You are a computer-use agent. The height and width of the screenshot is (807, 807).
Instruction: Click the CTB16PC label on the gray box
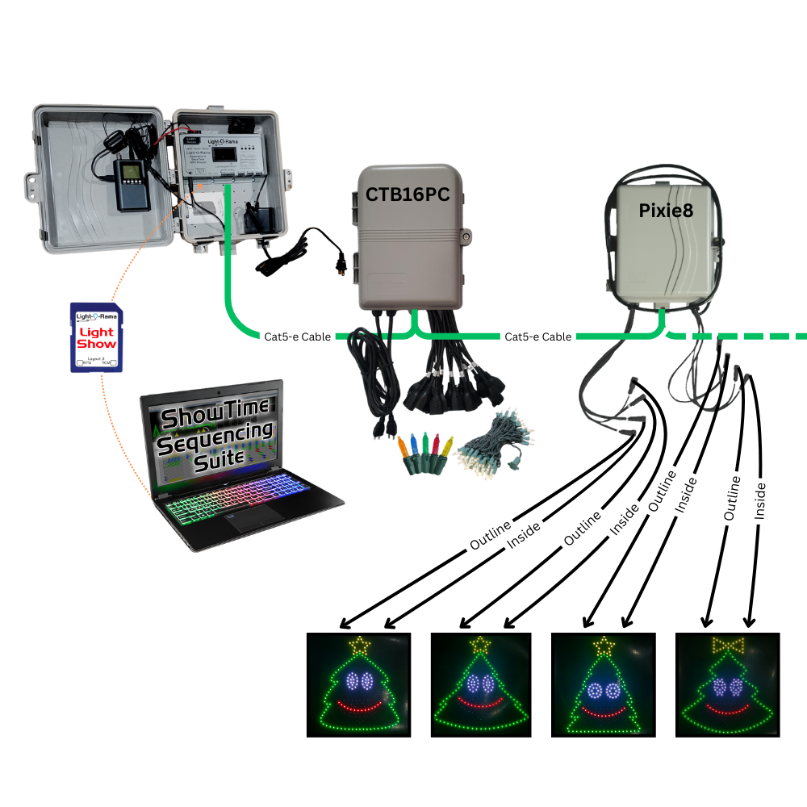click(x=408, y=194)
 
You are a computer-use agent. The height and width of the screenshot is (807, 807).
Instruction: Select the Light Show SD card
click(x=97, y=337)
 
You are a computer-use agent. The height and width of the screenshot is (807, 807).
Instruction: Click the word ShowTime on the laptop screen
click(x=207, y=420)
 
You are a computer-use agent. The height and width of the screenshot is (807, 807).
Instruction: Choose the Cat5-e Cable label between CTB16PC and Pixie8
click(x=537, y=336)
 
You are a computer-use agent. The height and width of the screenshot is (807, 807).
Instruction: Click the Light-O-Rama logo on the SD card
click(x=97, y=314)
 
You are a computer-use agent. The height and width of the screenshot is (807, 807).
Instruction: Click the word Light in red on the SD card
click(x=97, y=331)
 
